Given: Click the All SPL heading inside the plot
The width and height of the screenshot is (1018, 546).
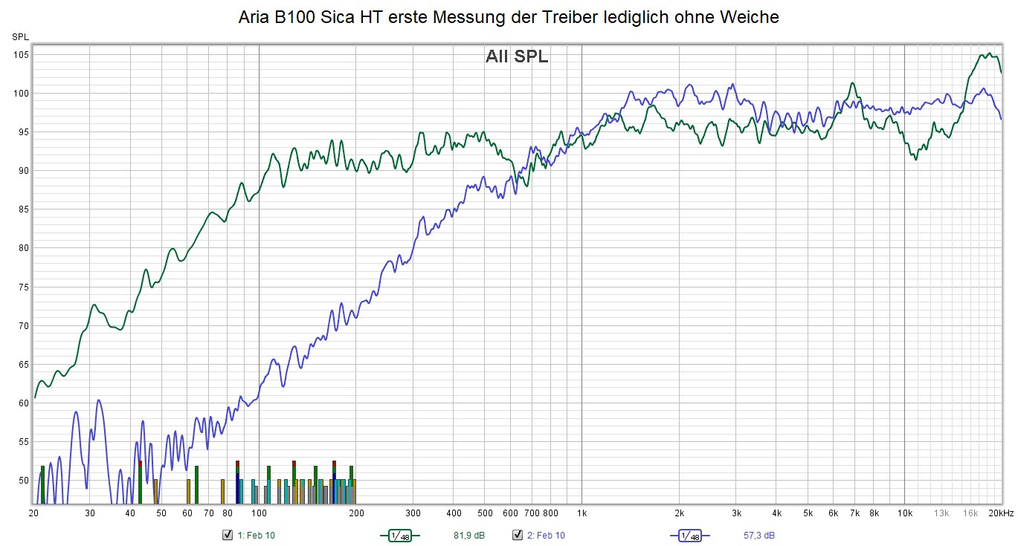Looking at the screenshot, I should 517,56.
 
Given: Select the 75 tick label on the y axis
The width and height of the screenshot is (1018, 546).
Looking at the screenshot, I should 22,287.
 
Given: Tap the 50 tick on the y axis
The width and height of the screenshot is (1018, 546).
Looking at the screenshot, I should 22,481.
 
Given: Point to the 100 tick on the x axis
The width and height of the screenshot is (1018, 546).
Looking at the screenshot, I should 259,513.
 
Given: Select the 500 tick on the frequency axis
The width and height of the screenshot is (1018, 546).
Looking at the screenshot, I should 484,513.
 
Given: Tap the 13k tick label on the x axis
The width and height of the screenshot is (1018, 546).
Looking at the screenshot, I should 941,513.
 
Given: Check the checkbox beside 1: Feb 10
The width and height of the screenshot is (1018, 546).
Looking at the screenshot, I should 228,535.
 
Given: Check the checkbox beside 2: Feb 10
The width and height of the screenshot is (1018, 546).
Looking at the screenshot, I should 518,535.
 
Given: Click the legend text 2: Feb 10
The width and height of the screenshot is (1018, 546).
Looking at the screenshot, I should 546,535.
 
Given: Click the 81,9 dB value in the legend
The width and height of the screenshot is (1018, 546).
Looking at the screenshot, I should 468,535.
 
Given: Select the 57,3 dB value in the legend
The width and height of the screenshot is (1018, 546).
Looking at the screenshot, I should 758,535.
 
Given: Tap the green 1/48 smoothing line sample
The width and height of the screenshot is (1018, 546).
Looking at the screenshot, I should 399,535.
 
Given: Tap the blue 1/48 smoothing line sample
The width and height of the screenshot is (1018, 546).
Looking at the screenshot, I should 689,535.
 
